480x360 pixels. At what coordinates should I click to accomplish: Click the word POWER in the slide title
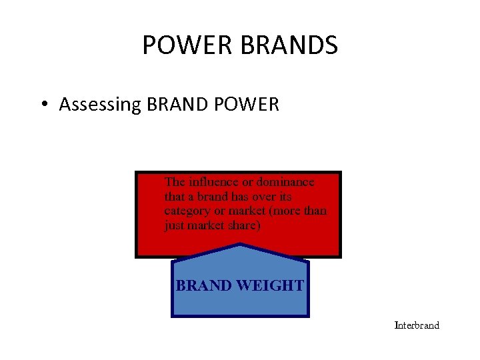[x=175, y=45]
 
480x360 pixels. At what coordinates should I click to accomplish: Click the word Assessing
[x=98, y=105]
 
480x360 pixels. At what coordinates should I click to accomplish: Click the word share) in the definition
[x=242, y=226]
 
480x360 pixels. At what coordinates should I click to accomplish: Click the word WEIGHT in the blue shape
[x=270, y=286]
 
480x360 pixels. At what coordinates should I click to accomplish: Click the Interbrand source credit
[x=417, y=325]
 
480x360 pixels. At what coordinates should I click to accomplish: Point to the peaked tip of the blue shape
[x=240, y=246]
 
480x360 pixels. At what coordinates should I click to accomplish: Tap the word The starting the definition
[x=175, y=182]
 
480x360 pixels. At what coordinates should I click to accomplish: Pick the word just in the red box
[x=174, y=226]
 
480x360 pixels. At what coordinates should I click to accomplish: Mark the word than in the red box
[x=317, y=211]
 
